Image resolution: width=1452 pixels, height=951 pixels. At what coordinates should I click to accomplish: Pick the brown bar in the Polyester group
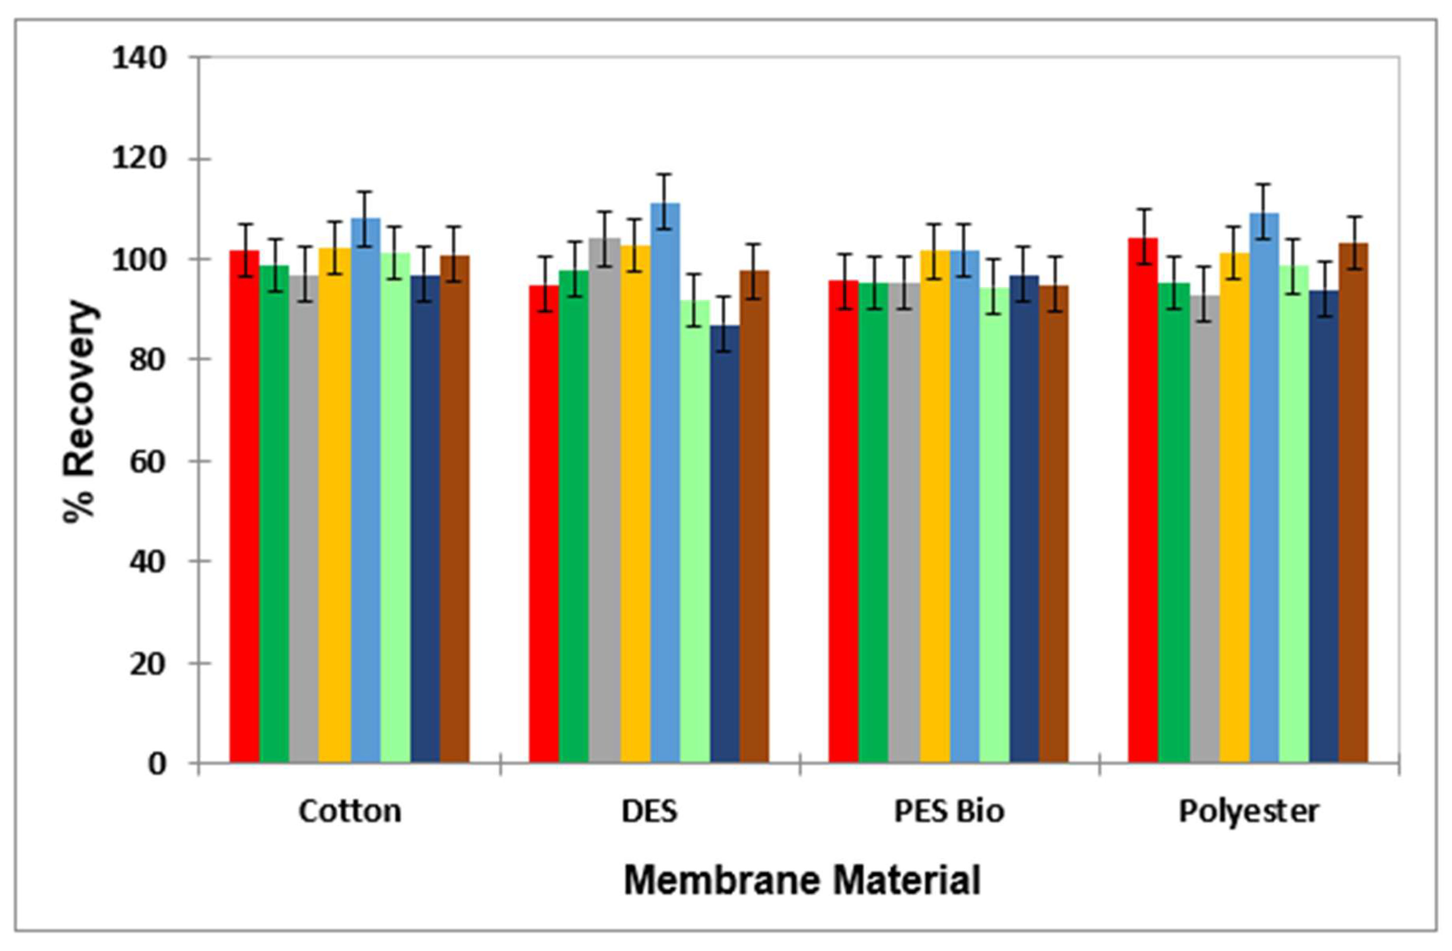[x=1353, y=503]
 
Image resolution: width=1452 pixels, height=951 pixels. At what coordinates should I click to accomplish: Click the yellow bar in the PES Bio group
[x=935, y=506]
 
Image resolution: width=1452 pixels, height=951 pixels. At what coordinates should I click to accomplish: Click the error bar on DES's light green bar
[x=694, y=300]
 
